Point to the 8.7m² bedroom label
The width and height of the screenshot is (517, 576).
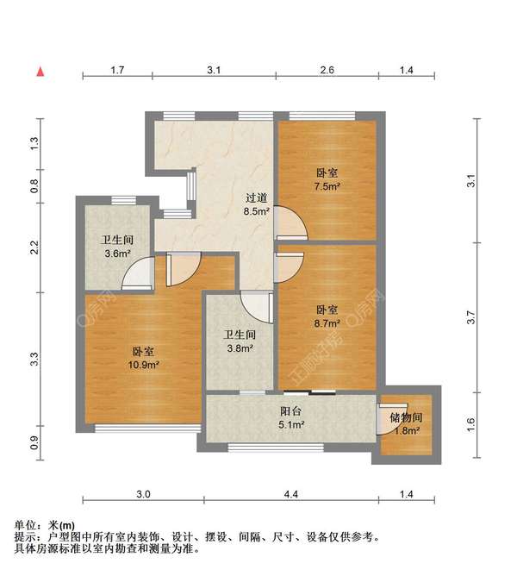[x=327, y=316]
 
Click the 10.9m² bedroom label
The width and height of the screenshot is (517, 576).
[x=144, y=358]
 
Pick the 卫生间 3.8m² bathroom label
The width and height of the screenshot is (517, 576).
[x=239, y=341]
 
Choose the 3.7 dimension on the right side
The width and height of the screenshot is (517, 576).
[x=470, y=317]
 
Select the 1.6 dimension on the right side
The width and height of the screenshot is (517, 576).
[x=470, y=424]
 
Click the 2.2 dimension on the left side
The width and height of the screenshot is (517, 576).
[x=34, y=247]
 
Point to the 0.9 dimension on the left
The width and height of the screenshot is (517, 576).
[x=34, y=443]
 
